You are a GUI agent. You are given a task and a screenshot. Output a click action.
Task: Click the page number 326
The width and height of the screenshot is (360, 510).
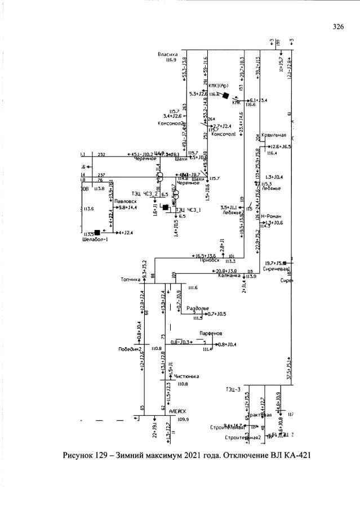click(338, 26)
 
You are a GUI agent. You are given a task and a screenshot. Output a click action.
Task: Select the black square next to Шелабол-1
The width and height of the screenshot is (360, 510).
click(97, 232)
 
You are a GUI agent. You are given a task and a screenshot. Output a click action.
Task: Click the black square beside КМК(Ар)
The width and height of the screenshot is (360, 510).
click(225, 96)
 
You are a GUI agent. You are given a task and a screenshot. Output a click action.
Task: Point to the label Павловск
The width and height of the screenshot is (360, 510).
click(124, 201)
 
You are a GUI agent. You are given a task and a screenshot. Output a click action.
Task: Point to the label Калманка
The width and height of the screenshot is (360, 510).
click(229, 276)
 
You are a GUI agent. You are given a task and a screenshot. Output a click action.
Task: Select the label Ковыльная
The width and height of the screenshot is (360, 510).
click(275, 135)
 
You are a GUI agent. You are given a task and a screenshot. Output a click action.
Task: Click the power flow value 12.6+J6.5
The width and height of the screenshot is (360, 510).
click(280, 147)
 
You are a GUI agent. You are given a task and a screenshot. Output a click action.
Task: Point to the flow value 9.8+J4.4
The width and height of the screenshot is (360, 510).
click(127, 208)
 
